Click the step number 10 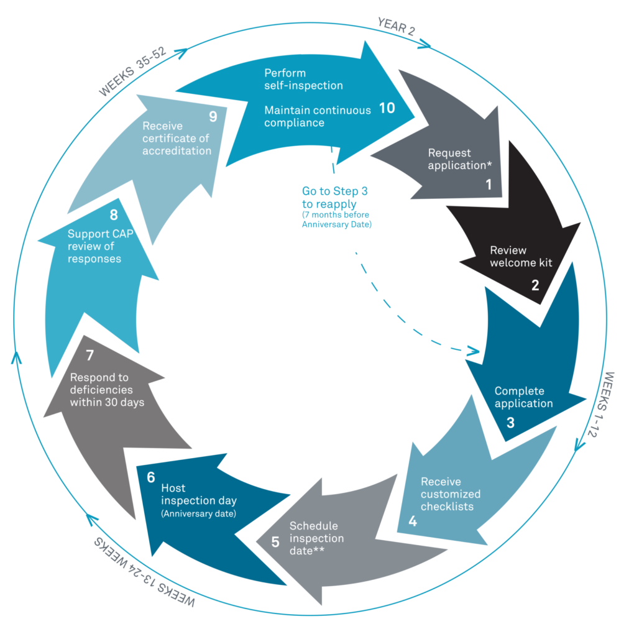[387, 108]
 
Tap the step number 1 [489, 185]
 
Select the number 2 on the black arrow [535, 285]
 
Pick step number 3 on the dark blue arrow [510, 423]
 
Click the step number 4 [413, 521]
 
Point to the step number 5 [275, 543]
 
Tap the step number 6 [151, 477]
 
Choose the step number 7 [90, 355]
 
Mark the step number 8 [114, 215]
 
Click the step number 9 [213, 117]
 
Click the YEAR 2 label [396, 27]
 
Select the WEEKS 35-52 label [132, 71]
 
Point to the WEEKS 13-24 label [144, 572]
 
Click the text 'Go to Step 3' [334, 191]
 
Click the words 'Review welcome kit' [521, 256]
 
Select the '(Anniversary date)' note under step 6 [198, 513]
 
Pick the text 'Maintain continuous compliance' [318, 116]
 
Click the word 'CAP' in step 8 [122, 234]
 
